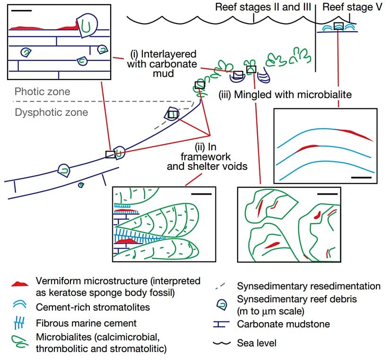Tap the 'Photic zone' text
click(42, 91)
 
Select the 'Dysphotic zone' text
click(51, 113)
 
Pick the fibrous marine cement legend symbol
click(20, 324)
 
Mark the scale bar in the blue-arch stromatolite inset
click(361, 177)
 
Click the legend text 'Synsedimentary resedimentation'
click(309, 286)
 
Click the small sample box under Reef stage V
click(338, 26)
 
